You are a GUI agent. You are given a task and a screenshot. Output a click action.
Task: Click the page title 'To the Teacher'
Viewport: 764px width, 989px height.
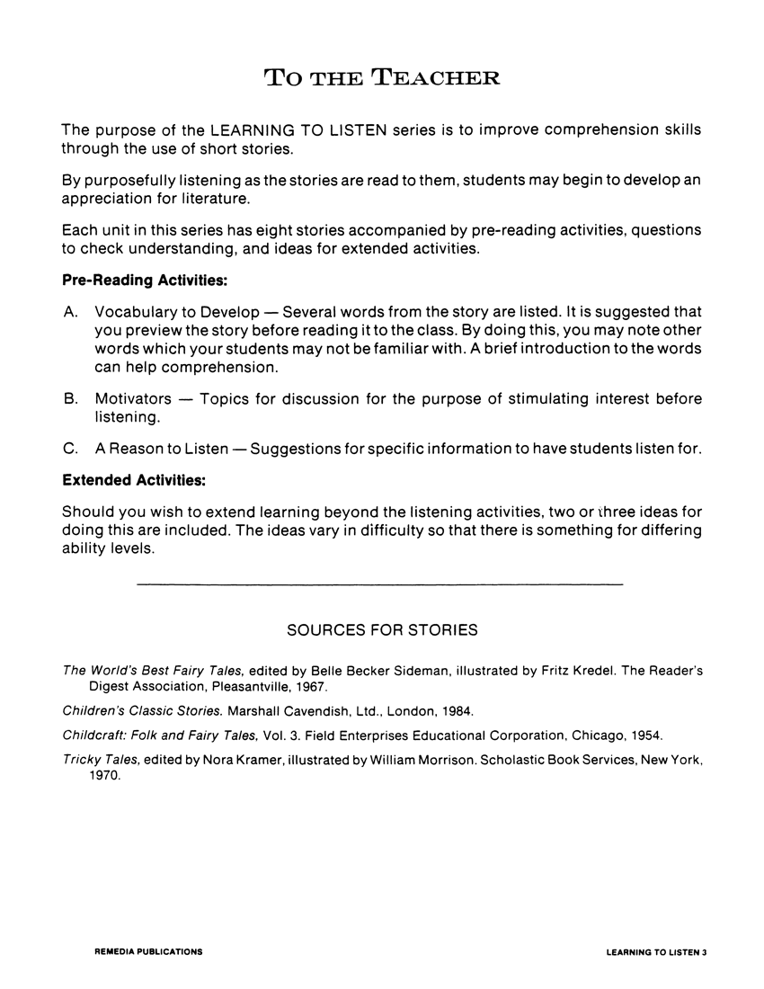[x=382, y=76]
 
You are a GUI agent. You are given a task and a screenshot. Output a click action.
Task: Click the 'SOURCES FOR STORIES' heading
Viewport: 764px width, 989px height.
[x=382, y=630]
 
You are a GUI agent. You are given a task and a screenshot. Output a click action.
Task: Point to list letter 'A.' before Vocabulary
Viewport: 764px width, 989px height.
[x=71, y=312]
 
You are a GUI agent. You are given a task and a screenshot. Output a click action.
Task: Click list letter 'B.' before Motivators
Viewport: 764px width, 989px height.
[x=71, y=398]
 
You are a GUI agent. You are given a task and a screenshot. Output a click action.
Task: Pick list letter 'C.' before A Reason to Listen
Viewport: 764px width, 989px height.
[x=71, y=449]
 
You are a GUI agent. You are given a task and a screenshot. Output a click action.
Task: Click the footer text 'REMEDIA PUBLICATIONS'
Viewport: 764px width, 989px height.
[x=148, y=950]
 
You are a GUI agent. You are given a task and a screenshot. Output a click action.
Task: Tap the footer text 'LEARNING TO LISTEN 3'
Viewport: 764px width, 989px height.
[x=657, y=950]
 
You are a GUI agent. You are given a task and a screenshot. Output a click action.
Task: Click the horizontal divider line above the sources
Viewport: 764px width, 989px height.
[x=379, y=585]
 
